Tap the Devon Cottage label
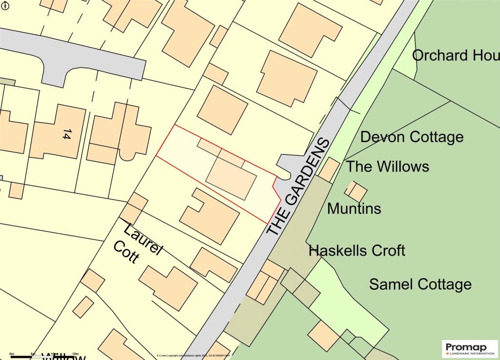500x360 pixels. pos(412,137)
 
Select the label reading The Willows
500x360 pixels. pos(387,167)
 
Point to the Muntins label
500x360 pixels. pos(354,209)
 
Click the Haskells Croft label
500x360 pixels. pos(357,251)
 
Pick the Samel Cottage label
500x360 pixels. pos(420,284)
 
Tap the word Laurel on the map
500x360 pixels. pos(143,240)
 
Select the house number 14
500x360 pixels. pos(66,134)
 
